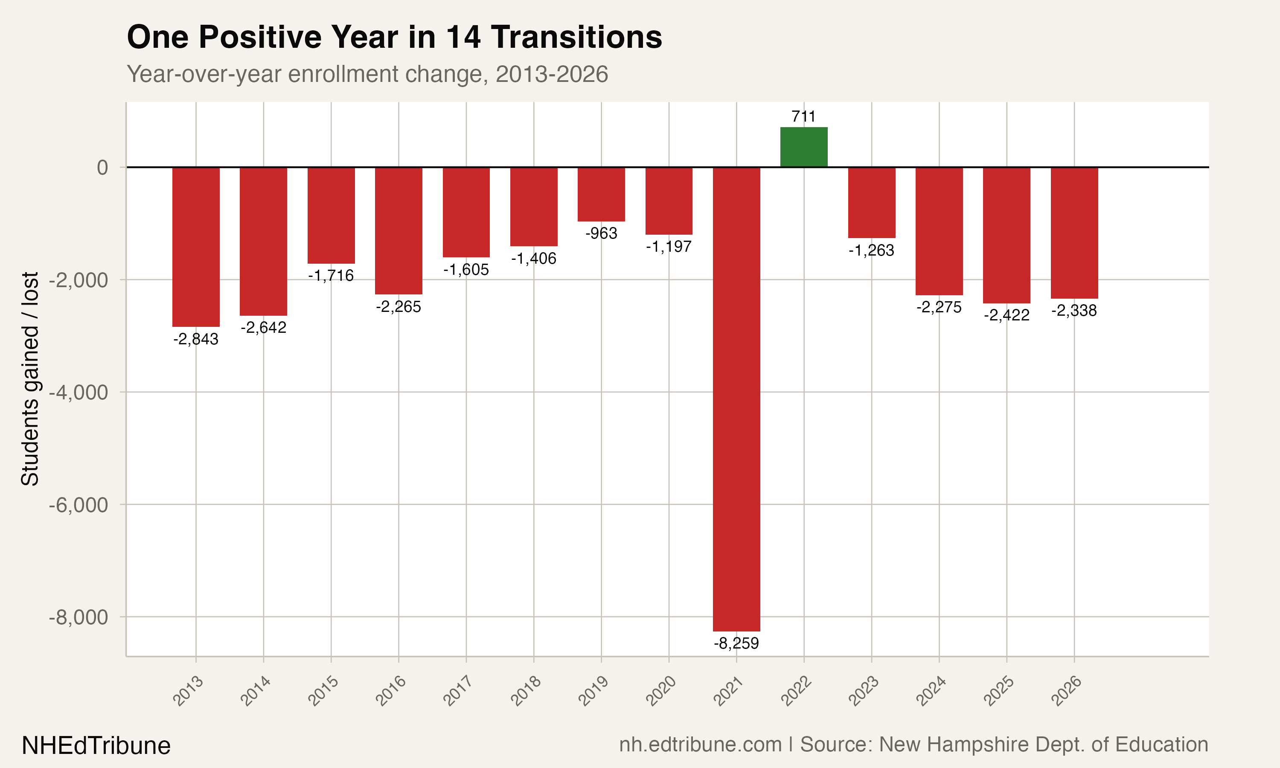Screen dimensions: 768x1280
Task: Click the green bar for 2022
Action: [803, 147]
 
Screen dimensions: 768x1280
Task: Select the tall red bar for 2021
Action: [736, 399]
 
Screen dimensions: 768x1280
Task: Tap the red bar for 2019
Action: [601, 194]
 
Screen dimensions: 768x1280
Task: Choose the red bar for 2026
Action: [1074, 233]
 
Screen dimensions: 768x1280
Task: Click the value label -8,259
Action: [736, 643]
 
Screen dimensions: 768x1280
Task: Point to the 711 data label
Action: [803, 116]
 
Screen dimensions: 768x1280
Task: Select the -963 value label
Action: [601, 233]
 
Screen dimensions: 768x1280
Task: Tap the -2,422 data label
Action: [1007, 315]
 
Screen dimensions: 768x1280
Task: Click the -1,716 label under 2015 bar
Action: [331, 275]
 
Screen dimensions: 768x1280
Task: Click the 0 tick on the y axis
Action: [102, 168]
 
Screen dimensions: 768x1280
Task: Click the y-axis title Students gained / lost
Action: [30, 379]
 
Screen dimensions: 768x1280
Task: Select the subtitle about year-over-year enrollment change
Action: [367, 74]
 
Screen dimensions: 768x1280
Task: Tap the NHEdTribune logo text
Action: [96, 746]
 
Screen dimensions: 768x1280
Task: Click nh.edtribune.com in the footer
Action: [700, 745]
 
